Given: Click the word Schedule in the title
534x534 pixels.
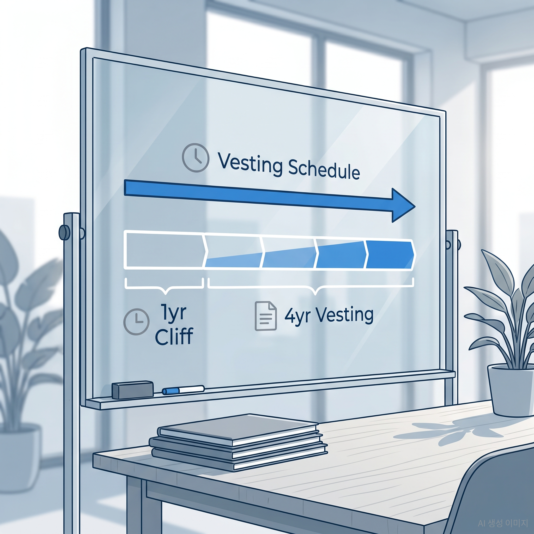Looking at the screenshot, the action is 324,170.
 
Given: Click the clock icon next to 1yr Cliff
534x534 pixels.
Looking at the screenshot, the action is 137,322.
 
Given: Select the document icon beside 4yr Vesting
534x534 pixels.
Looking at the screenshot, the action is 265,316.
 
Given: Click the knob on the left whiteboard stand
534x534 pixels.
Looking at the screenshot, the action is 65,232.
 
